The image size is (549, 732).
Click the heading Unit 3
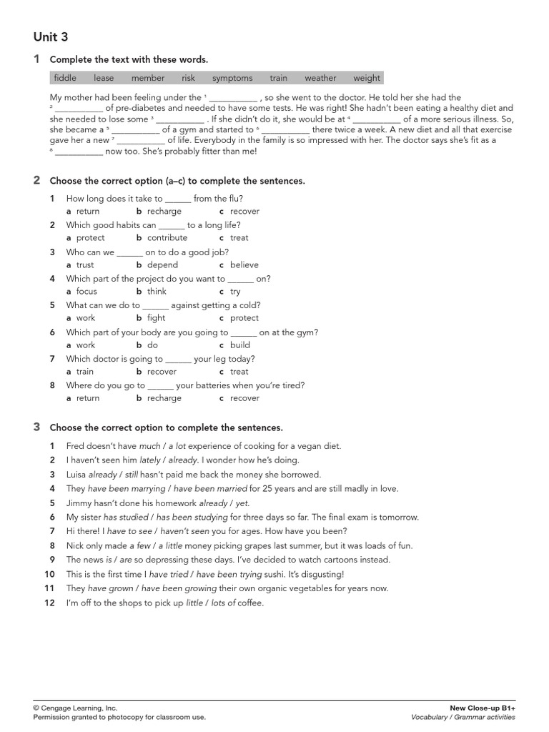pyautogui.click(x=51, y=36)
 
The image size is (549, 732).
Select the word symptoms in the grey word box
pyautogui.click(x=232, y=78)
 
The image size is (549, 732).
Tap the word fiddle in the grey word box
pyautogui.click(x=65, y=78)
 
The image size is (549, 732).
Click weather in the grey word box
pyautogui.click(x=320, y=78)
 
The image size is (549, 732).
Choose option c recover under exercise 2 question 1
pyautogui.click(x=244, y=212)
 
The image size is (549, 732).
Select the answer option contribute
pyautogui.click(x=167, y=238)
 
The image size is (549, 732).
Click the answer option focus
pyautogui.click(x=86, y=292)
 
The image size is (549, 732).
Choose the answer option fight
pyautogui.click(x=156, y=318)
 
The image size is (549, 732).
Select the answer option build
pyautogui.click(x=240, y=345)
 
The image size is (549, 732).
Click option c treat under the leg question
pyautogui.click(x=239, y=372)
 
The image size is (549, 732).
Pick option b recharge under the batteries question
pyautogui.click(x=164, y=398)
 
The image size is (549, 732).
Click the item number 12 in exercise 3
pyautogui.click(x=49, y=603)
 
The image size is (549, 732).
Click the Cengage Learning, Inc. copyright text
pyautogui.click(x=75, y=708)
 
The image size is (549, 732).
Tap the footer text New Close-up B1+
pyautogui.click(x=482, y=708)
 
